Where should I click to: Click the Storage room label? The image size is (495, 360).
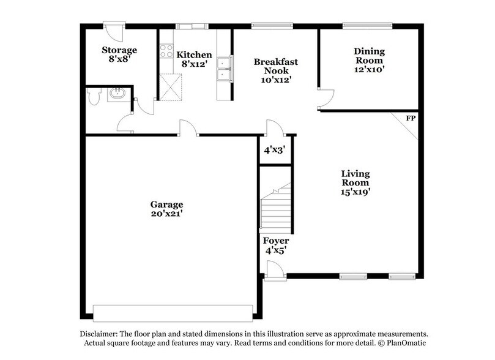119,54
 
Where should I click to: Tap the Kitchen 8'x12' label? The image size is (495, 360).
195,59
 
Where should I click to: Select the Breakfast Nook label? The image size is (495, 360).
275,70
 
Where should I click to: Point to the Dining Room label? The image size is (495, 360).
368,60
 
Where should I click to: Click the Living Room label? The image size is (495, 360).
355,182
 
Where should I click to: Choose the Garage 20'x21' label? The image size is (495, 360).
166,209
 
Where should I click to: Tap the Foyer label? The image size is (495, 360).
275,245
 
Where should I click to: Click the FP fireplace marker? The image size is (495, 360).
411,118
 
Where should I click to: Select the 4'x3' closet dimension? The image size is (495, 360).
275,149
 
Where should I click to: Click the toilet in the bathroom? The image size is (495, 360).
94,97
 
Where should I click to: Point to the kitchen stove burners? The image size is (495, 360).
166,51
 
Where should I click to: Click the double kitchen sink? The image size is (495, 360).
224,69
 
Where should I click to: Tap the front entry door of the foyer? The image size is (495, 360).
276,271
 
